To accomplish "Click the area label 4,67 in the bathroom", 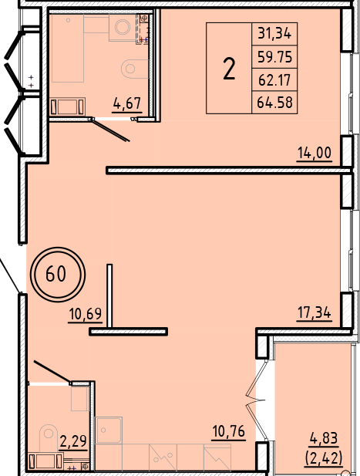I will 127,102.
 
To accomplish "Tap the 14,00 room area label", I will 314,153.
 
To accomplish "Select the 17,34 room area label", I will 314,313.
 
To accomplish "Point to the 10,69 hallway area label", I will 85,315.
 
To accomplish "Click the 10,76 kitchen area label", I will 228,431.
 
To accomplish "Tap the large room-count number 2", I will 229,69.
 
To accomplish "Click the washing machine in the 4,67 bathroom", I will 122,29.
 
